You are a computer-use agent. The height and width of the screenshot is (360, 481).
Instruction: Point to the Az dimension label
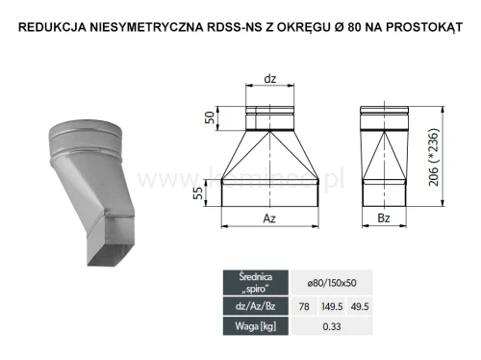click(269, 218)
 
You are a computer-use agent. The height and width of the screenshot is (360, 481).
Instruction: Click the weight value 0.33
click(330, 326)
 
